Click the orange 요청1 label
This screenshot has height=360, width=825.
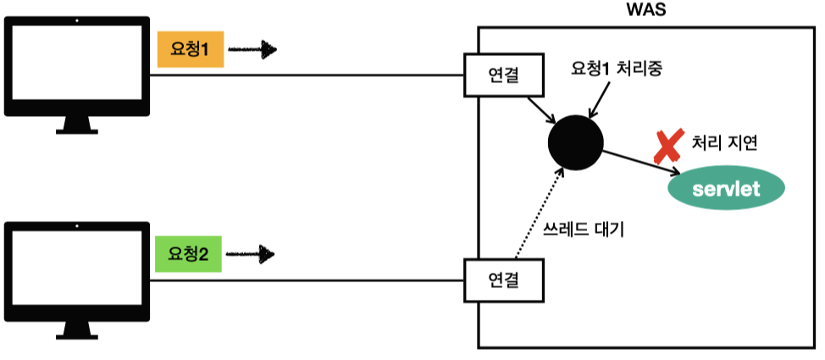pos(190,51)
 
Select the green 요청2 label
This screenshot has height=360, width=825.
pos(188,254)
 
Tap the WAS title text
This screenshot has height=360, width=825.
pos(646,12)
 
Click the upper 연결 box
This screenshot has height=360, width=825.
pos(503,75)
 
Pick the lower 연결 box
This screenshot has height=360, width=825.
pos(503,279)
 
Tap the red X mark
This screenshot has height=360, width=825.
pos(667,147)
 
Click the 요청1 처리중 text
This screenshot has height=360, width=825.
pos(616,69)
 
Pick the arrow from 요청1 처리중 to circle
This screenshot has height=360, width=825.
pos(600,102)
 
